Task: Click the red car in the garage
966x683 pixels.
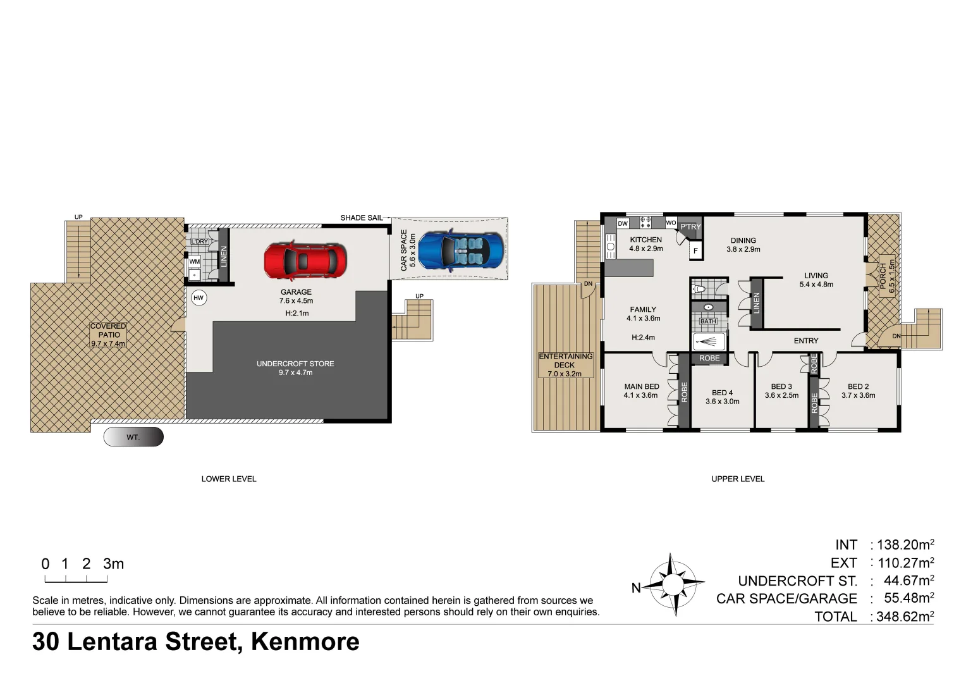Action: pos(305,260)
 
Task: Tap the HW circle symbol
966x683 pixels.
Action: pos(199,298)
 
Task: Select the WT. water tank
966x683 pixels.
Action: pos(133,437)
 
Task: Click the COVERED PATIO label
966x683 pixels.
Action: pos(108,335)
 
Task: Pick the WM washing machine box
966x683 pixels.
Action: pos(195,261)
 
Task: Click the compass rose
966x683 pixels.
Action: pos(673,584)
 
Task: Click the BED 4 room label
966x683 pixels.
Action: pos(723,397)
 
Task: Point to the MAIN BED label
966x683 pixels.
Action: pos(641,391)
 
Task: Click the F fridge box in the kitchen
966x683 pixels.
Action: pos(695,251)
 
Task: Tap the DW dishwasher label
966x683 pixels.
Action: pos(623,223)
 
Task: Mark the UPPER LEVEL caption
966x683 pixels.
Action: pos(738,479)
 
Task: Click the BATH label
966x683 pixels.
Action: pos(708,321)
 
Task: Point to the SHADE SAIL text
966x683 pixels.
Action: pos(361,218)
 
